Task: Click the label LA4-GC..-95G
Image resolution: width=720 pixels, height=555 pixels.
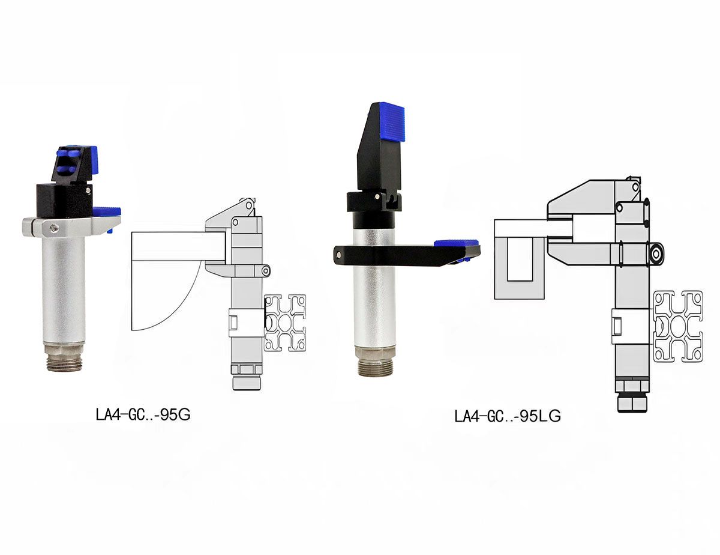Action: (x=143, y=415)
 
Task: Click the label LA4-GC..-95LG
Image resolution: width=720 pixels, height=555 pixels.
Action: (x=508, y=416)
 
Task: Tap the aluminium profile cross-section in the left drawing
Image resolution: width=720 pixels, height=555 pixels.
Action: (x=285, y=323)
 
